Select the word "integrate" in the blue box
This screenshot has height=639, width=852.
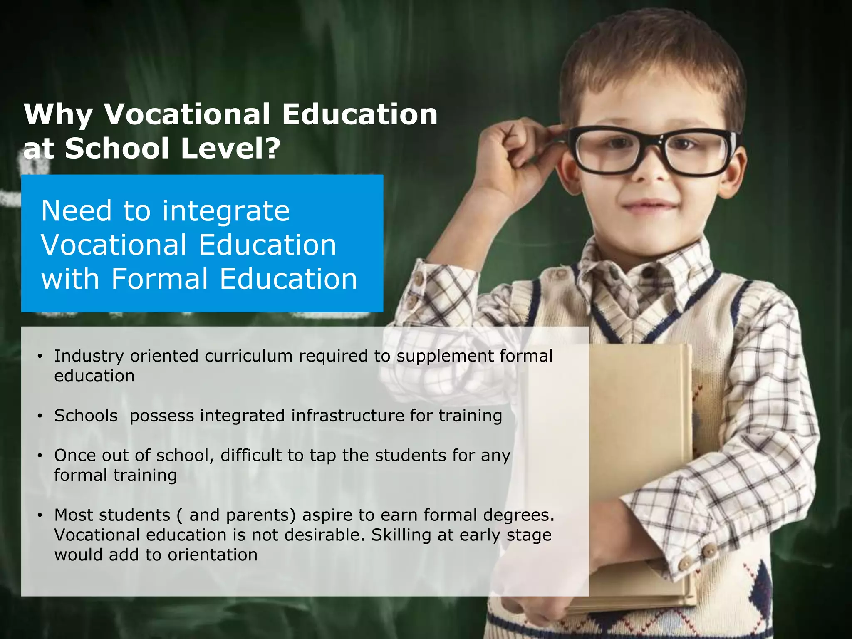[225, 211]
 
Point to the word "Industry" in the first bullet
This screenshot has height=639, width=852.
[89, 357]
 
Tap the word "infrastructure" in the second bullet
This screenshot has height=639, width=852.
[347, 416]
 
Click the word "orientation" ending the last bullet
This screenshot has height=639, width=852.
[213, 555]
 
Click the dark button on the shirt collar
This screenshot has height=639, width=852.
[647, 273]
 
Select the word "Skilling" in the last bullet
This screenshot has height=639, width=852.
[401, 535]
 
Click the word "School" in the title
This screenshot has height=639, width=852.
[117, 149]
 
